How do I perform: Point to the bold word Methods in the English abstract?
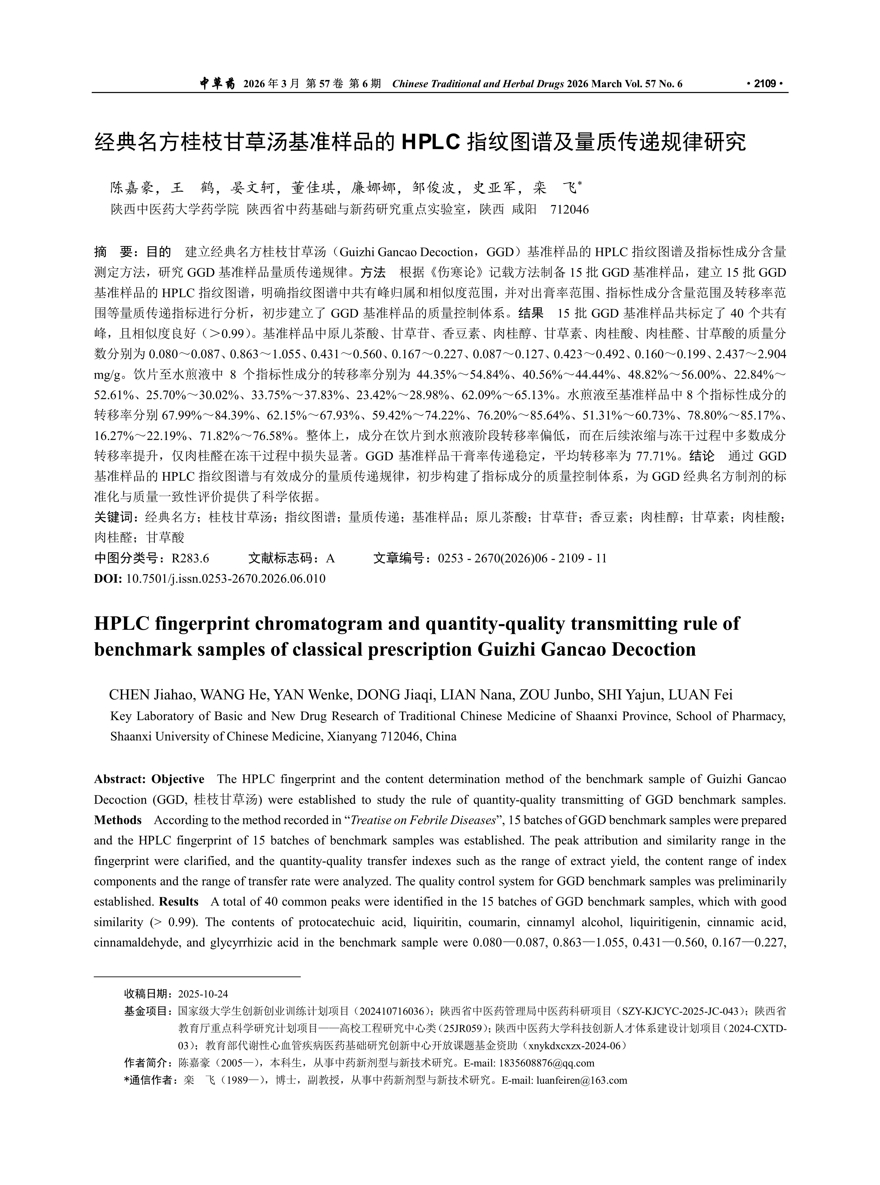tap(118, 820)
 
